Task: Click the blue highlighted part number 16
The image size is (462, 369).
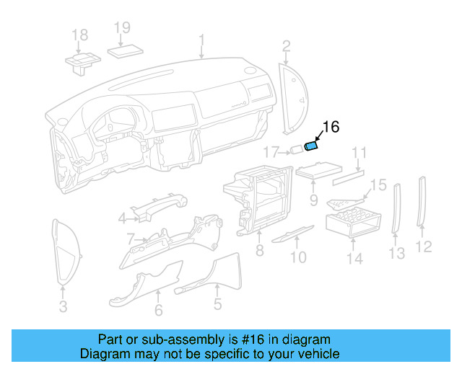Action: pos(313,146)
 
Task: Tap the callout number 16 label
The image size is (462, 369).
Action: pos(330,128)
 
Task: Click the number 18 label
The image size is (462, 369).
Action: pos(79,35)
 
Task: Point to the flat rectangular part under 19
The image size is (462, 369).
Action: pos(127,51)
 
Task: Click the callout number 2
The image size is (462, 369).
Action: pos(287,47)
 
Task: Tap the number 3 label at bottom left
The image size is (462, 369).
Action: pos(63,308)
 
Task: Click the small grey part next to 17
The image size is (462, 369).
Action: pos(296,151)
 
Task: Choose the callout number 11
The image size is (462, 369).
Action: pos(359,153)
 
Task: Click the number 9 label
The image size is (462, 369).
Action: pos(314,198)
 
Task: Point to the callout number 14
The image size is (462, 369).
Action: pos(354,257)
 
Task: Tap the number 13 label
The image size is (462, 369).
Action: pos(397,252)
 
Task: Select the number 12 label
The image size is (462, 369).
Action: pos(424,246)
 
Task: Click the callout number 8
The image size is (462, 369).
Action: pos(259,251)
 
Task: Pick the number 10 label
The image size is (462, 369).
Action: pos(298,257)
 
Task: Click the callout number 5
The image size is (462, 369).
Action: pos(217,304)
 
